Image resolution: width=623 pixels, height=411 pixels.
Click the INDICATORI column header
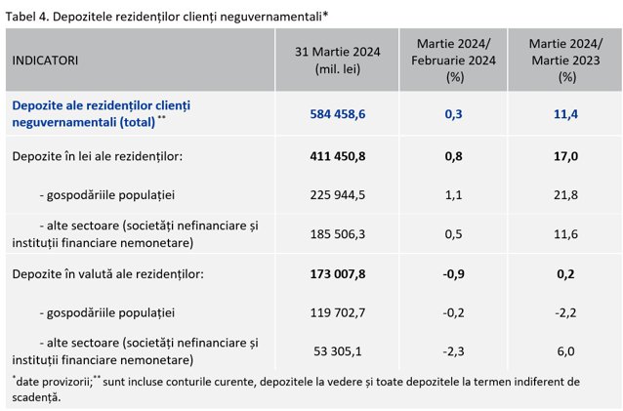45,61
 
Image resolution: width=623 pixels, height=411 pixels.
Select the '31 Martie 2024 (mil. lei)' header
337,61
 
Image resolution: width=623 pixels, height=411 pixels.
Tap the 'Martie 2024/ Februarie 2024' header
453,61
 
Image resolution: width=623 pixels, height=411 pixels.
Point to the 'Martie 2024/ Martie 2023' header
565,61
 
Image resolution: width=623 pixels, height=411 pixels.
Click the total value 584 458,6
337,114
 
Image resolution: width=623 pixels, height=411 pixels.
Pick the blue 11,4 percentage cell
565,114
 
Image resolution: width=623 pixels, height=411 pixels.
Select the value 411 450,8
337,156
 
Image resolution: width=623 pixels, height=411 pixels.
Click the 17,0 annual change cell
565,156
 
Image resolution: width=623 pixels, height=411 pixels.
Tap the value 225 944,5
337,195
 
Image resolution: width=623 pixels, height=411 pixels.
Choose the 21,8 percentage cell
565,195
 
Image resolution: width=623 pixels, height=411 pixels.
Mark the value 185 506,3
337,234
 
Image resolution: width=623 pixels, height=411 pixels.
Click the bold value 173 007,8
337,274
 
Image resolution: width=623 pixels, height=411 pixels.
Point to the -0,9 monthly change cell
453,274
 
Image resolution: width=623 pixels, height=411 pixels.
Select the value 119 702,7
337,312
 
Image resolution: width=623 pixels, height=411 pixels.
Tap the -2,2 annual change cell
565,312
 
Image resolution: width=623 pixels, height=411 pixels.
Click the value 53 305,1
337,351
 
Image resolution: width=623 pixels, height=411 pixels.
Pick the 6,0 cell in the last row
565,351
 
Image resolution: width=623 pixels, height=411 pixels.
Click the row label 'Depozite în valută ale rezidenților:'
107,274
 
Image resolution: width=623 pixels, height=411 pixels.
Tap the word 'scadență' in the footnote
36,397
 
